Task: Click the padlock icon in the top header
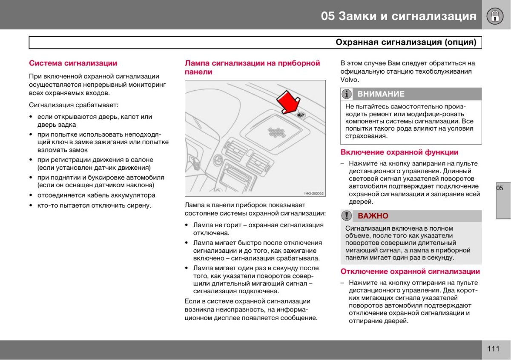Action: click(x=496, y=16)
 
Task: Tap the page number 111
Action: click(x=493, y=349)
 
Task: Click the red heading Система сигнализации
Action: click(x=73, y=63)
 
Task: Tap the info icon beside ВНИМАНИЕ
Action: click(x=347, y=94)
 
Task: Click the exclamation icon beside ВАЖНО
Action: click(x=347, y=216)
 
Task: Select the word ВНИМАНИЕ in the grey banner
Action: click(x=381, y=94)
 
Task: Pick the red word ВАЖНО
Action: click(x=373, y=216)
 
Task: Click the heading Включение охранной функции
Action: click(x=399, y=152)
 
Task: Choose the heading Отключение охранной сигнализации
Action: click(x=410, y=271)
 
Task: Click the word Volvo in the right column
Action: click(x=350, y=80)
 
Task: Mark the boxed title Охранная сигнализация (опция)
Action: click(x=405, y=42)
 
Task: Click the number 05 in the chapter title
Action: click(x=328, y=16)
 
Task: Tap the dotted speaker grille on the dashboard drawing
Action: click(x=278, y=132)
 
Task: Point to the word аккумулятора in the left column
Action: click(x=133, y=195)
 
